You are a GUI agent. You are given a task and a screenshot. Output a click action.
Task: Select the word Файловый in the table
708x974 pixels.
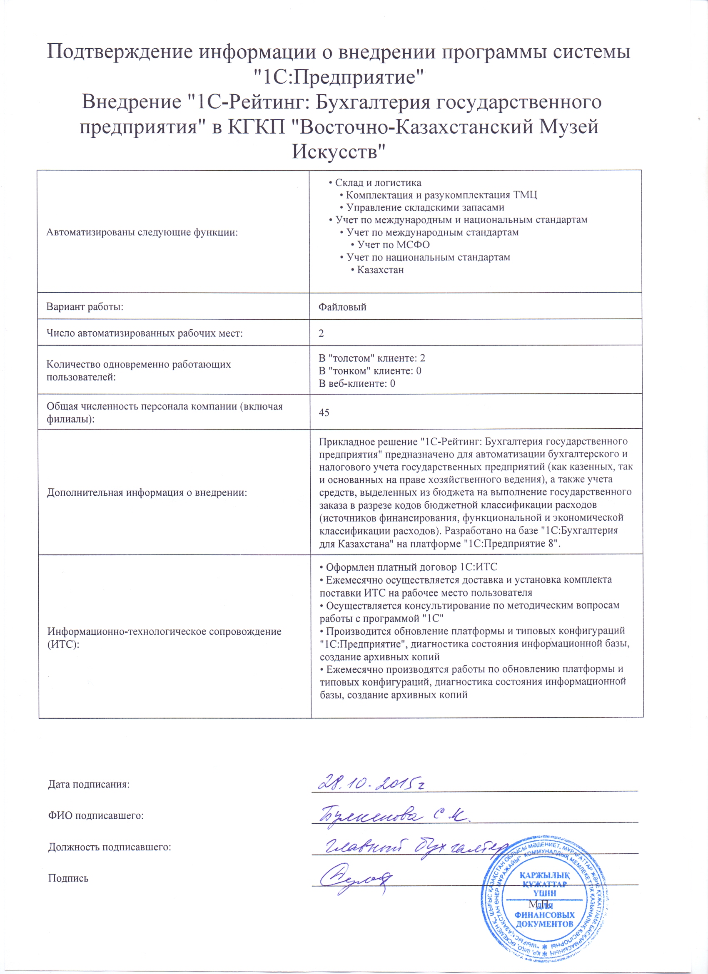342,307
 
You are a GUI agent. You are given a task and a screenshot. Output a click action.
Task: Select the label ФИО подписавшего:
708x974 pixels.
95,815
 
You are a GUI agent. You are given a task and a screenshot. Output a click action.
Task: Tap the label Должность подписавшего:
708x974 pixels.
110,847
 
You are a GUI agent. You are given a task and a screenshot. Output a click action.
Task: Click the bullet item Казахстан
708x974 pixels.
380,270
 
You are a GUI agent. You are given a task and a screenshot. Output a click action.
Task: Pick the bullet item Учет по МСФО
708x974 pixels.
393,245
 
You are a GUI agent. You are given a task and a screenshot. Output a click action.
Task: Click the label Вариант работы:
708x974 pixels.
85,307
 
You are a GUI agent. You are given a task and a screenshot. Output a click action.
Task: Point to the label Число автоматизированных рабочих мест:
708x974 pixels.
145,333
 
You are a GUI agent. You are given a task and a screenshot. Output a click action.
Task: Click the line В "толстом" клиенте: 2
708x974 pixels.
371,358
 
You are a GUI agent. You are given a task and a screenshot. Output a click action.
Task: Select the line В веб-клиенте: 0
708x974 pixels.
356,383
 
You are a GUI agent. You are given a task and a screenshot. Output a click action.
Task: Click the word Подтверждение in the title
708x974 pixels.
119,52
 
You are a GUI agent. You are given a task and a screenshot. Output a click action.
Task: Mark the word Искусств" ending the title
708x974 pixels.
339,152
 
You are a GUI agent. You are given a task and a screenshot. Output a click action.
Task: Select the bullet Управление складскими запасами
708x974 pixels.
425,207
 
